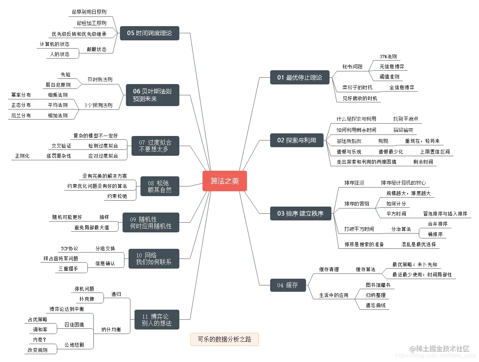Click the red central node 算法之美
pos(225,181)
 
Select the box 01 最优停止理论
pos(300,77)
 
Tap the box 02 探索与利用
pos(297,140)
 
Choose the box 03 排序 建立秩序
pos(300,213)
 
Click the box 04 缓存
pos(288,285)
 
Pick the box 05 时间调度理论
pos(149,33)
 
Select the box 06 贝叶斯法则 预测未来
pos(152,95)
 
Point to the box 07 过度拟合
pos(155,146)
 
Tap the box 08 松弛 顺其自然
pos(160,186)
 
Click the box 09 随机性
pos(151,223)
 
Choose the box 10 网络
pos(154,259)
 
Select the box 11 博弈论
pos(157,320)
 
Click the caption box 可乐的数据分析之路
pos(225,339)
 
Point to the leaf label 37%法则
pos(388,56)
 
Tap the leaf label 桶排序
pos(435,234)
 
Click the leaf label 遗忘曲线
pos(376,305)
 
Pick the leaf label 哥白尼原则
pos(58,85)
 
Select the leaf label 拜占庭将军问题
pos(61,258)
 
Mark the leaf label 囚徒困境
pos(74,325)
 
